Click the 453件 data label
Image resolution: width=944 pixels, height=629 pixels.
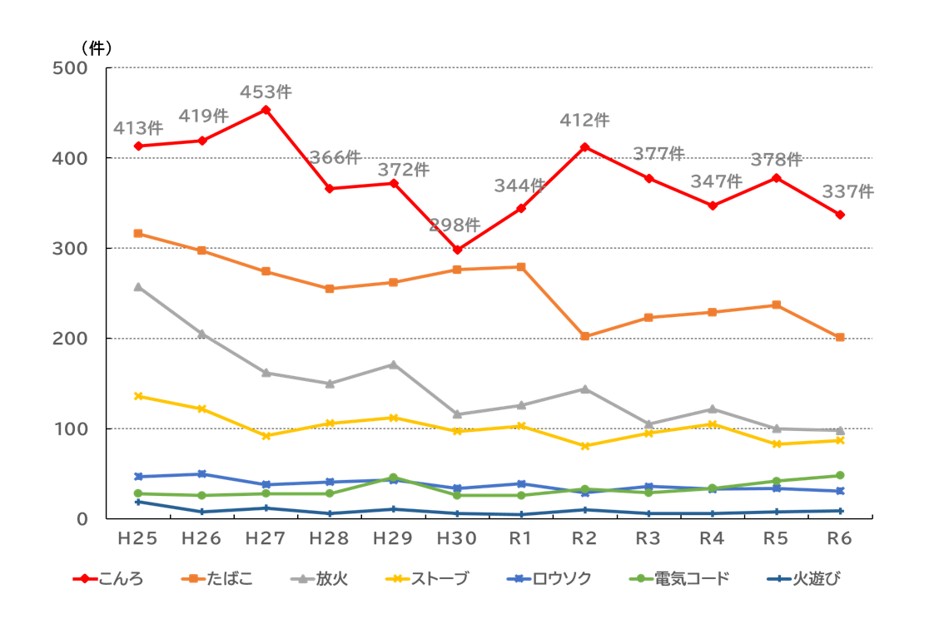266,92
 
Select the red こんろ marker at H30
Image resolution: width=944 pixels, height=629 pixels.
457,250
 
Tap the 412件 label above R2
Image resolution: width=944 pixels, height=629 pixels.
584,121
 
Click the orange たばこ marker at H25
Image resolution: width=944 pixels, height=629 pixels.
138,234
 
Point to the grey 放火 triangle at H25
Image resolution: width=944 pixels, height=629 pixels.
138,287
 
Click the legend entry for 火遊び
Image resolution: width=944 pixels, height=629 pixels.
806,579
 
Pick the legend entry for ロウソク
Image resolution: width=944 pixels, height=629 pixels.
549,579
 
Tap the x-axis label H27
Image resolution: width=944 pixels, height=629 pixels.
266,539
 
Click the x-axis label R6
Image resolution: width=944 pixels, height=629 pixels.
840,539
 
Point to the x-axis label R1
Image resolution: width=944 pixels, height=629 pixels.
521,539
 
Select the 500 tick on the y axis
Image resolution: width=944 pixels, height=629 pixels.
71,68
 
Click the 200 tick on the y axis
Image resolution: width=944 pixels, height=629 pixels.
71,339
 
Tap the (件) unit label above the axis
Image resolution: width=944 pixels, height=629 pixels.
97,47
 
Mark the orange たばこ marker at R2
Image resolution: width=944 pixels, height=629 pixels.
584,336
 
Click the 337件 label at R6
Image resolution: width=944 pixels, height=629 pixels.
847,192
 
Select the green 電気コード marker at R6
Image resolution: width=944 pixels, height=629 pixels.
840,475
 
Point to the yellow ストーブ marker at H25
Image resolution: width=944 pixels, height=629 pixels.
138,396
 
